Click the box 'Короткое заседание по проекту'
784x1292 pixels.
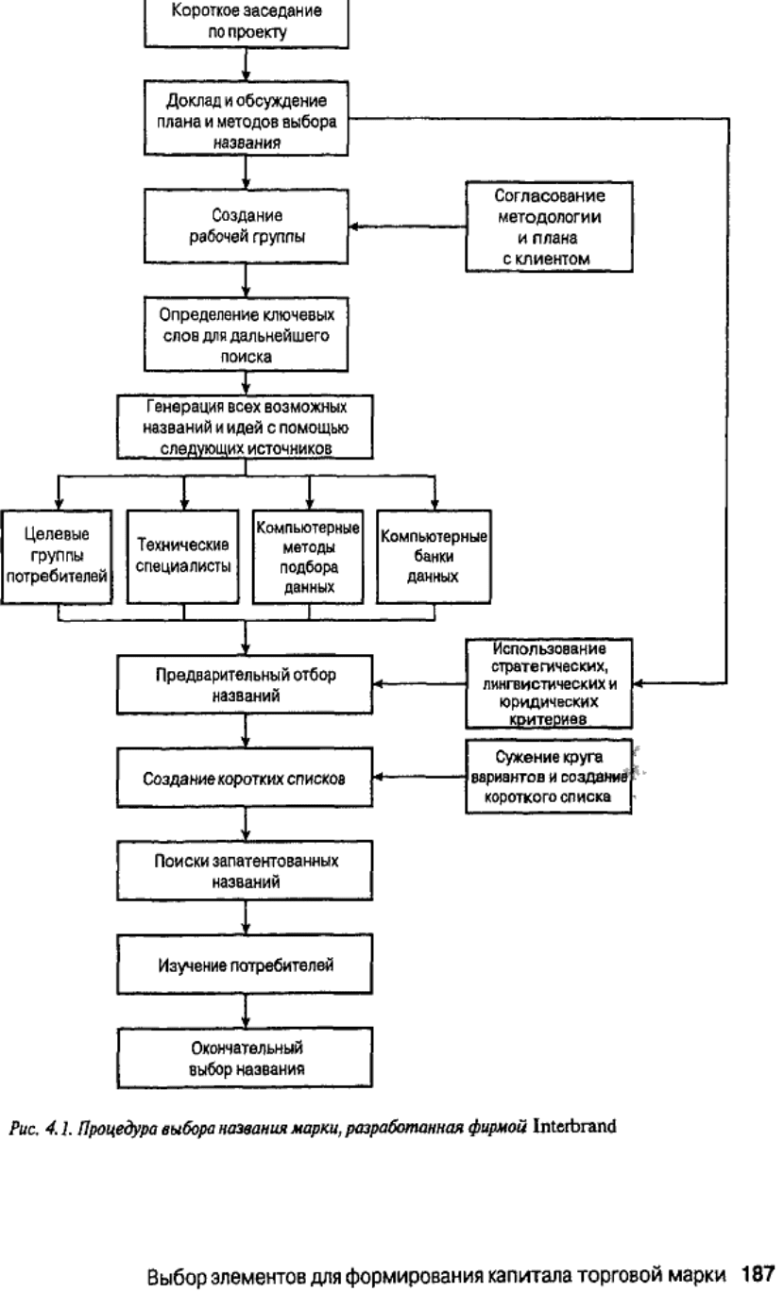pyautogui.click(x=246, y=23)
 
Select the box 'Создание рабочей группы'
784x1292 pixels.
pyautogui.click(x=246, y=227)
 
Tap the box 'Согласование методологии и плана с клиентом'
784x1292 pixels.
pyautogui.click(x=549, y=227)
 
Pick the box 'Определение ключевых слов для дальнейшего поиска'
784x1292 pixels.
pyautogui.click(x=246, y=334)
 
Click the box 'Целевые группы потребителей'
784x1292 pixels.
pyautogui.click(x=57, y=557)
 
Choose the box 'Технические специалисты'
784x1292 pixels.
pyautogui.click(x=183, y=557)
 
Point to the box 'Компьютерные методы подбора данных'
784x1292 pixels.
pyautogui.click(x=308, y=557)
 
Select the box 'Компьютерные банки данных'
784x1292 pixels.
pyautogui.click(x=434, y=557)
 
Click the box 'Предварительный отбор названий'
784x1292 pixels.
pyautogui.click(x=245, y=684)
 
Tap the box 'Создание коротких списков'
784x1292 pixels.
pyautogui.click(x=245, y=778)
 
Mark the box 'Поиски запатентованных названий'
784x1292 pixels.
pyautogui.click(x=245, y=870)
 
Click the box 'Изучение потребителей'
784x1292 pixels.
pyautogui.click(x=245, y=965)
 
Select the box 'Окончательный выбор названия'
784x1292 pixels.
pyautogui.click(x=245, y=1058)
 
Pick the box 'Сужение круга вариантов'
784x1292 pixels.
pyautogui.click(x=549, y=777)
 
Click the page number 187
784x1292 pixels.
pyautogui.click(x=758, y=1273)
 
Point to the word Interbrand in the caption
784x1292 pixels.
pyautogui.click(x=574, y=1126)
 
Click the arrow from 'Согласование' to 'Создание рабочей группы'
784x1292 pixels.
pyautogui.click(x=407, y=227)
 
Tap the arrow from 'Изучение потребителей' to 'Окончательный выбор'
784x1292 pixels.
pyautogui.click(x=246, y=1011)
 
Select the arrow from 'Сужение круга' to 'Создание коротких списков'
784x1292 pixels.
pyautogui.click(x=419, y=777)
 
